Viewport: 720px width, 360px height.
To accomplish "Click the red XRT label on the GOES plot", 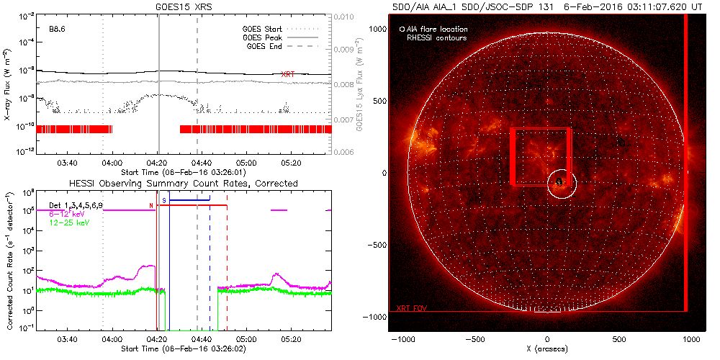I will coord(287,74).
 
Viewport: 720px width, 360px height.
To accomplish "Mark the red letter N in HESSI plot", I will coord(150,207).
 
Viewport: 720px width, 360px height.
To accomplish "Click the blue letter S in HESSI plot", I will coord(164,199).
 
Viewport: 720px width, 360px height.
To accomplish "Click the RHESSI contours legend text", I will coord(436,37).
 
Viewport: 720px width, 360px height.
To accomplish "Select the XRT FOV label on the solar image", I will coord(412,307).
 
